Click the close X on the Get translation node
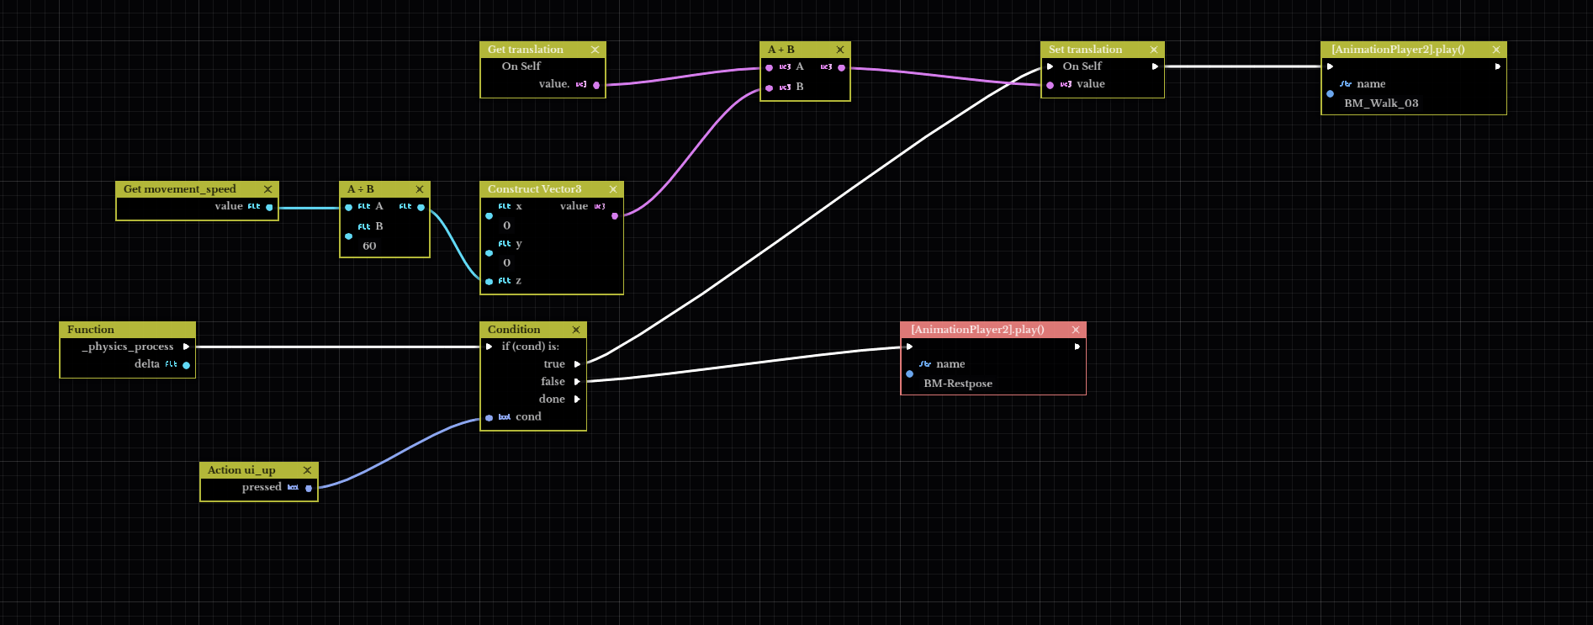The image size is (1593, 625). [595, 50]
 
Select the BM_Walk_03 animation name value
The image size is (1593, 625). [1380, 103]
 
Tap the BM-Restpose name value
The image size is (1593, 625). [957, 384]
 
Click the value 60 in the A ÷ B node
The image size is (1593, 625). [369, 246]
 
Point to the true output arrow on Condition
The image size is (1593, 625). [577, 364]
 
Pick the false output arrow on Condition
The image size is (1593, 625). [577, 382]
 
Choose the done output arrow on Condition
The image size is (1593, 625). [577, 400]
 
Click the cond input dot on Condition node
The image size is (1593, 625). [490, 418]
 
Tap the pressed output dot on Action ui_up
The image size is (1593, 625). [309, 488]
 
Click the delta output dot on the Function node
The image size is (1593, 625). [186, 365]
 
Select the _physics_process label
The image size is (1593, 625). [128, 347]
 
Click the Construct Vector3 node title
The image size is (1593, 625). [534, 189]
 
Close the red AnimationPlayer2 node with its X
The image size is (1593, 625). [1075, 330]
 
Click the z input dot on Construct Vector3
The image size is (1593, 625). [490, 282]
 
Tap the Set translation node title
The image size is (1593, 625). [1085, 50]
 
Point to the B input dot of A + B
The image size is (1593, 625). [770, 87]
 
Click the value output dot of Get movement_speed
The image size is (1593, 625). [269, 207]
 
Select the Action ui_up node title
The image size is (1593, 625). [241, 470]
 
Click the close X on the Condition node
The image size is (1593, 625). [576, 330]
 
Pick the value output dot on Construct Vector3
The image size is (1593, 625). [615, 216]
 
